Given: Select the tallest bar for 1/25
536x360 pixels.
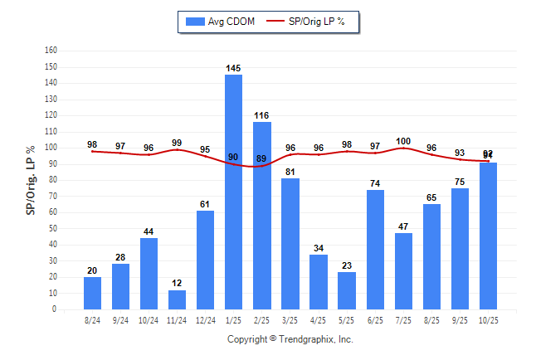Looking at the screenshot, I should pyautogui.click(x=234, y=192).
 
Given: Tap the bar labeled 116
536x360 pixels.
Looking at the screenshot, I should pyautogui.click(x=262, y=216).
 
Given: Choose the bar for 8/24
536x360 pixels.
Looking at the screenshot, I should pyautogui.click(x=93, y=293).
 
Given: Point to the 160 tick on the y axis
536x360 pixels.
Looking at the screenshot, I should pyautogui.click(x=51, y=51).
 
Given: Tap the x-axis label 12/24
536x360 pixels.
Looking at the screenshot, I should pyautogui.click(x=206, y=319).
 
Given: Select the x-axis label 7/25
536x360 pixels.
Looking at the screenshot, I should pyautogui.click(x=403, y=319).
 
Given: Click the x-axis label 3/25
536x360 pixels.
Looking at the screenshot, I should pyautogui.click(x=290, y=319).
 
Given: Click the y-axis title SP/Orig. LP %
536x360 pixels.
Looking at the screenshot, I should pyautogui.click(x=30, y=180).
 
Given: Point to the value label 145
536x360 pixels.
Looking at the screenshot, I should pyautogui.click(x=234, y=67).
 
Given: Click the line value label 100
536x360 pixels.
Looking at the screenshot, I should pyautogui.click(x=403, y=141).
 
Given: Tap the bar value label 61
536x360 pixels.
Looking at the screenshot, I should pyautogui.click(x=206, y=203).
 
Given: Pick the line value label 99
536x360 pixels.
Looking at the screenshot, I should pyautogui.click(x=178, y=143).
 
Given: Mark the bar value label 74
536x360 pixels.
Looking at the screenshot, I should pyautogui.click(x=375, y=182).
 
